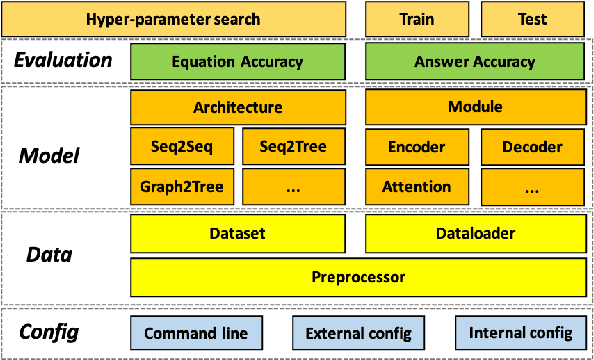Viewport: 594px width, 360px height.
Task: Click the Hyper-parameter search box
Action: (x=174, y=19)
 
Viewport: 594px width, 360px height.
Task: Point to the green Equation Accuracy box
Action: (x=238, y=62)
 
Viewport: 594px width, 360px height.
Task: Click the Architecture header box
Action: (x=238, y=107)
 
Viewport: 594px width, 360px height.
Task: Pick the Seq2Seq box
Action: (x=181, y=147)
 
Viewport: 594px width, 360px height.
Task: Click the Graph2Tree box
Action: (x=181, y=186)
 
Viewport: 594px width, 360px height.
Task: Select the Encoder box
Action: (x=416, y=147)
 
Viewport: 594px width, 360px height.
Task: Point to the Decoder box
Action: (x=531, y=147)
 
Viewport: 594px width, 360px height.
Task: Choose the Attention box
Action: (x=416, y=186)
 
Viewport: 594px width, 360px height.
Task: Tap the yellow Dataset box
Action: (x=238, y=234)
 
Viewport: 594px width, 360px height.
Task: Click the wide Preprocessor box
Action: (x=355, y=274)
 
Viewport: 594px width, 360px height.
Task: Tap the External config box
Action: (x=358, y=333)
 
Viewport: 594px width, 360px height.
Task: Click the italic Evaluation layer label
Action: (x=63, y=61)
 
